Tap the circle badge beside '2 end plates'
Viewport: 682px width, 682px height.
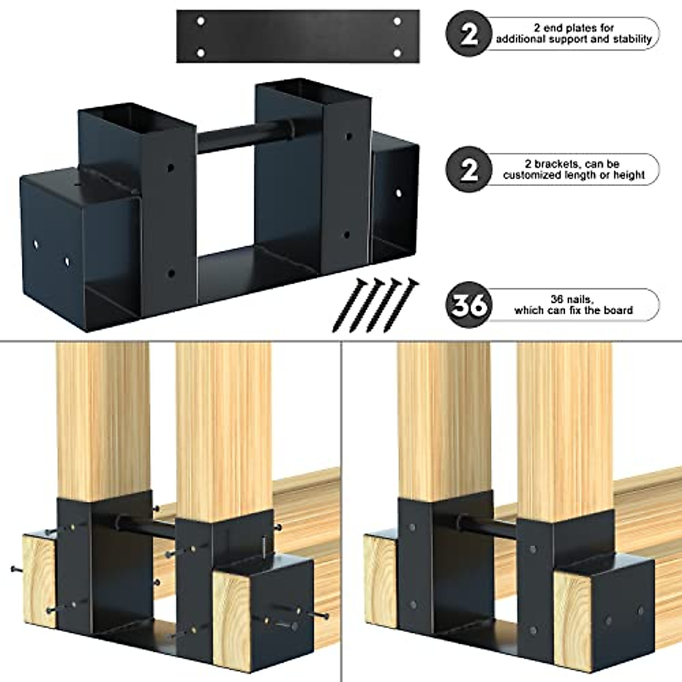pos(468,34)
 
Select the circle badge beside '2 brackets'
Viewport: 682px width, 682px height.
pos(468,169)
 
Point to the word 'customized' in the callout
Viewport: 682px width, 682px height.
pos(530,175)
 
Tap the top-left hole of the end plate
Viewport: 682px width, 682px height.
pos(201,22)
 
